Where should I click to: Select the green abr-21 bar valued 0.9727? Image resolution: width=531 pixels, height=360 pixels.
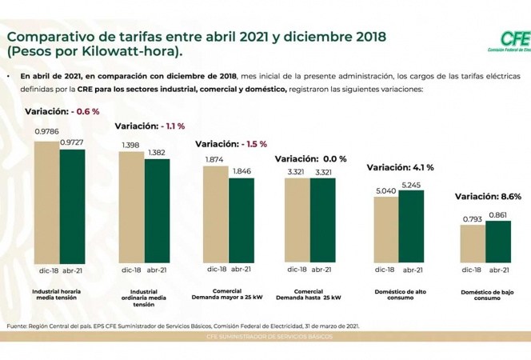(x=72, y=203)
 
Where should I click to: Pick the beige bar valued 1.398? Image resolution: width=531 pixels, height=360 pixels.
(x=131, y=207)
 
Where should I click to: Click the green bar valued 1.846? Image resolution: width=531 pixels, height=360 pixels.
(x=241, y=220)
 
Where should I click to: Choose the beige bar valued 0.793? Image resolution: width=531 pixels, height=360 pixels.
(x=473, y=243)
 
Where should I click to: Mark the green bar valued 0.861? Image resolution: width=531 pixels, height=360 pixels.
(x=497, y=242)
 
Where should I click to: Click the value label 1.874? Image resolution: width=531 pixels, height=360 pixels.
(x=214, y=160)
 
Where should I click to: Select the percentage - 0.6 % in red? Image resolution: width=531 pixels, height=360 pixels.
(x=85, y=111)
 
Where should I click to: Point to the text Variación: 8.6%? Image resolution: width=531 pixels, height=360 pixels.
(x=488, y=196)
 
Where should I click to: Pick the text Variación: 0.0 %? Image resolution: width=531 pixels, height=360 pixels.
(x=311, y=159)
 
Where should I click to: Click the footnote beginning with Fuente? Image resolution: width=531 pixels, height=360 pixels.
(x=183, y=326)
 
